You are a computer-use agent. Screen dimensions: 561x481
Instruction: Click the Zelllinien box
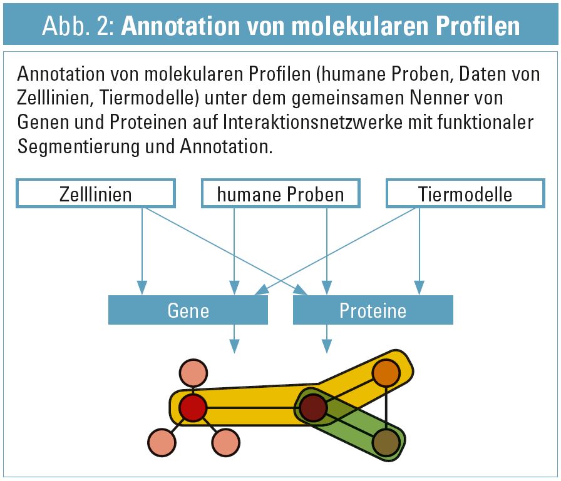tap(96, 193)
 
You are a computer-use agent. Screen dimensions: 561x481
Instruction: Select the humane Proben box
tap(280, 193)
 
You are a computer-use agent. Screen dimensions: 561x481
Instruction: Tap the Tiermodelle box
tap(465, 193)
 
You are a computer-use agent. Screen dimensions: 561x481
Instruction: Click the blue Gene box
tap(188, 310)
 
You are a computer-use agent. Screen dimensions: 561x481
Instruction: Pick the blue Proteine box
tap(373, 310)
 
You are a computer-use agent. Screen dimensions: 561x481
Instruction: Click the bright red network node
tap(193, 408)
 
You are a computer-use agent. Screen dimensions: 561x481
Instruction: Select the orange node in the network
tap(386, 373)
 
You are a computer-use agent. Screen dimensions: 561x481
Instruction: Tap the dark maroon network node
tap(314, 408)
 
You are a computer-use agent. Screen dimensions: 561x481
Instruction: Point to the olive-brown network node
tap(386, 442)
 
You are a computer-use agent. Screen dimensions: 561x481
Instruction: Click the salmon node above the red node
tap(193, 373)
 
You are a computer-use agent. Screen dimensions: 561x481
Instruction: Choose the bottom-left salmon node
tap(162, 442)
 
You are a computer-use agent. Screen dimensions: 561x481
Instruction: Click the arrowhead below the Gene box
tap(234, 346)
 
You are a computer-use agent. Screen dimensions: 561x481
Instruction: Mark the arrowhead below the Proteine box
tap(327, 346)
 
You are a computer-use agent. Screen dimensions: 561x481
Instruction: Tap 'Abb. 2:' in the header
tap(78, 26)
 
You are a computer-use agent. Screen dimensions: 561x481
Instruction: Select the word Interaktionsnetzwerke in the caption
tap(312, 122)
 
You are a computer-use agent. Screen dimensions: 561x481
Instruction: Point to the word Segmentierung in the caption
tap(78, 146)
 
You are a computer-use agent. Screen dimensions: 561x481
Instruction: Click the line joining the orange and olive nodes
tap(386, 408)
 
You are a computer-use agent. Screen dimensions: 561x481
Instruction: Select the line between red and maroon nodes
tap(254, 408)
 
